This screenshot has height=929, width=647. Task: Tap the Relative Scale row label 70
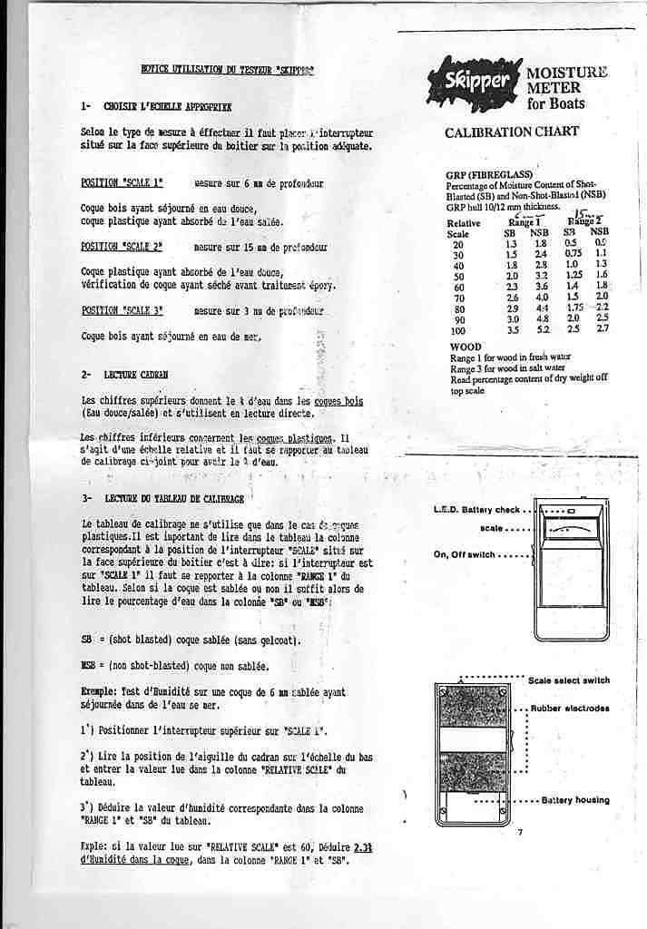point(457,298)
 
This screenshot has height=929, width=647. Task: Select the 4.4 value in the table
point(542,309)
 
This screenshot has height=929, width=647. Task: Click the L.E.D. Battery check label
point(476,510)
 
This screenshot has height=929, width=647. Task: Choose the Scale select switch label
point(569,680)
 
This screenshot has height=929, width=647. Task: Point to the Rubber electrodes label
point(570,709)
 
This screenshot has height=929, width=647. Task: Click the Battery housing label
point(575,800)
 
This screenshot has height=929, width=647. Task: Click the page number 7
point(521,832)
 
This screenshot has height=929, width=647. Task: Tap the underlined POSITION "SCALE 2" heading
point(122,247)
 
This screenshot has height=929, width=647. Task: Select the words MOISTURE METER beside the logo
point(567,80)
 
